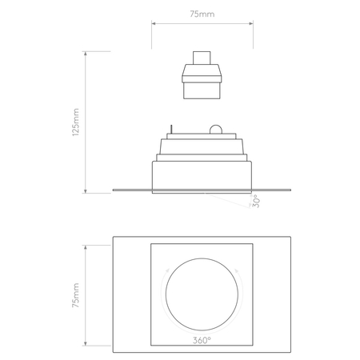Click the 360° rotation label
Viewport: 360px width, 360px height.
[202, 341]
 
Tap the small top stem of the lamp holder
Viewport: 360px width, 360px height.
[202, 58]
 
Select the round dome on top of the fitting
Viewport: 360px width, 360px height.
[214, 130]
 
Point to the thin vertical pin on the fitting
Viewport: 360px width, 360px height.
[170, 130]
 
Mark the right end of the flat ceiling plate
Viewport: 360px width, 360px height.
[290, 190]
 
